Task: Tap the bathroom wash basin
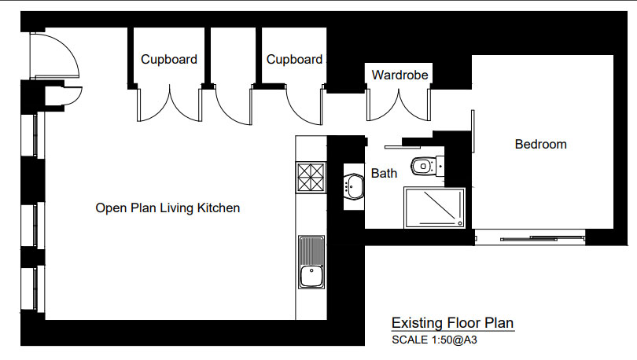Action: [352, 187]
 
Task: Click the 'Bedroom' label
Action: [540, 144]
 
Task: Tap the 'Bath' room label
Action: [384, 173]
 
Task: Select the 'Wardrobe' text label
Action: [400, 75]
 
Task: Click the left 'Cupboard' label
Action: [169, 59]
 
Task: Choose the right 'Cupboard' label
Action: [294, 59]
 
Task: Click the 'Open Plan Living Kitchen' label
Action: [168, 208]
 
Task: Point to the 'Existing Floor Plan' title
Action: [452, 323]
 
